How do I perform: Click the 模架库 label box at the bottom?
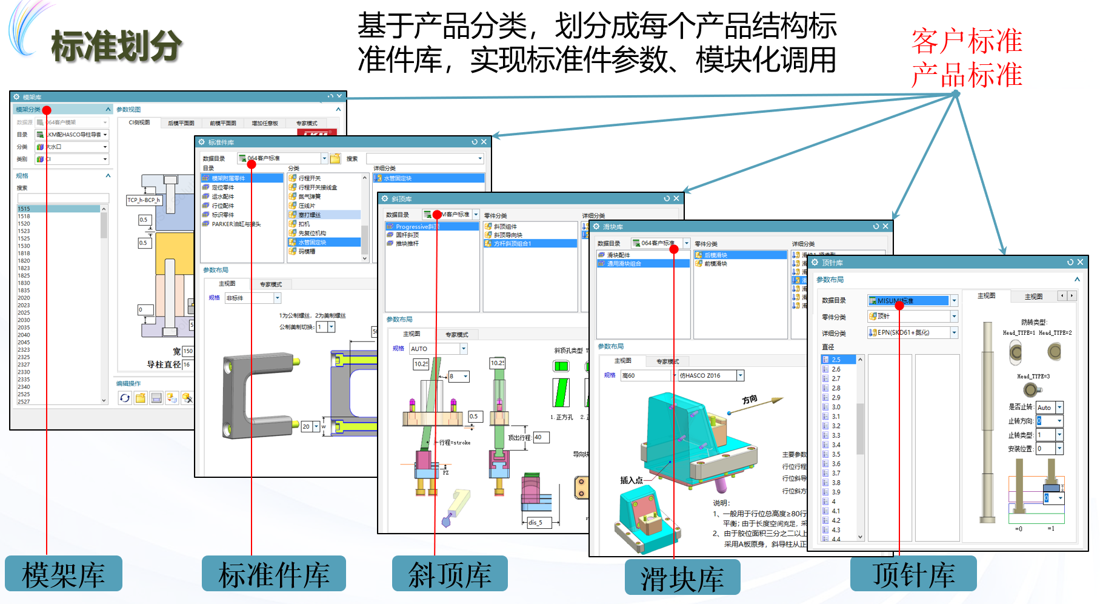click(64, 574)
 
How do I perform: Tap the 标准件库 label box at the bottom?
click(274, 574)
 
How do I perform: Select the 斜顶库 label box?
click(450, 574)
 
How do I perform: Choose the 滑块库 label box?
click(682, 577)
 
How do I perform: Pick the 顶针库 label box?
click(913, 574)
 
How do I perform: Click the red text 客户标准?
click(967, 41)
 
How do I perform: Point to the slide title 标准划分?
click(116, 46)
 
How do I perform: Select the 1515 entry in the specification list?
click(24, 209)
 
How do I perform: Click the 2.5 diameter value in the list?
click(836, 360)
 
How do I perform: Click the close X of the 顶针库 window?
click(1080, 263)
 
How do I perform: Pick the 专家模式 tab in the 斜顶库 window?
click(456, 335)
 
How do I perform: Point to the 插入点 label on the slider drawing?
click(631, 480)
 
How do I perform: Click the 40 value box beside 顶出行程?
click(540, 437)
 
